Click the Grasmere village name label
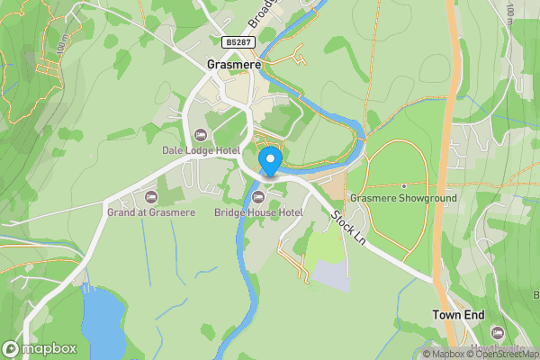[233, 65]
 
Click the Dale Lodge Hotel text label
[199, 149]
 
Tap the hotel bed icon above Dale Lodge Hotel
[200, 135]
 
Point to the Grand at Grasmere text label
[150, 212]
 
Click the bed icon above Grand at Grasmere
[150, 197]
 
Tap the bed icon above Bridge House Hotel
[259, 197]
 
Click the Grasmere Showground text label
[404, 198]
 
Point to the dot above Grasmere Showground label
[404, 185]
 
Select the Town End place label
[458, 316]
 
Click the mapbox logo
[40, 348]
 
